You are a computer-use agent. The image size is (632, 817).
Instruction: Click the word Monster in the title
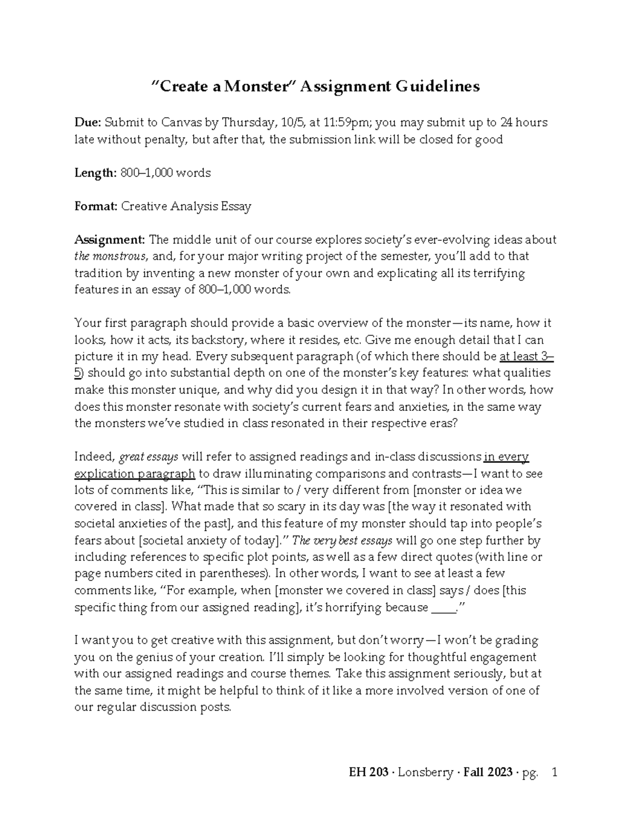point(254,86)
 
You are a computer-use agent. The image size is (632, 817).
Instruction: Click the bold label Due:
point(87,123)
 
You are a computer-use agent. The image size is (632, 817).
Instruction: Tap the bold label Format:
point(96,206)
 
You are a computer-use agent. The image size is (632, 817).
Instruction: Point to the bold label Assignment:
point(110,240)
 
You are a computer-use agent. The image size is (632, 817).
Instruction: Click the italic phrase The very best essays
point(342,540)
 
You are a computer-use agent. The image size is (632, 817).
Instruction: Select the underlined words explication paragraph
point(135,473)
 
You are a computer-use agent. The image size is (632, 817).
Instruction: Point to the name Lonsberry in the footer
point(426,773)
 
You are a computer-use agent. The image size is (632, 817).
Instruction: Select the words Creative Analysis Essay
point(186,206)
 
